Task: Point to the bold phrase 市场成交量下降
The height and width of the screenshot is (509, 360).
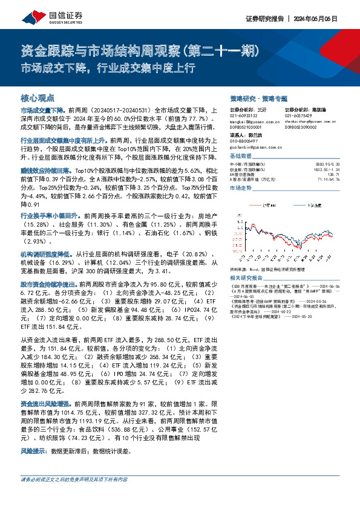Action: click(43, 111)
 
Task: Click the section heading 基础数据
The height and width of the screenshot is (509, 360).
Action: click(242, 155)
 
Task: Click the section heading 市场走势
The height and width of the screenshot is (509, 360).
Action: click(242, 189)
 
